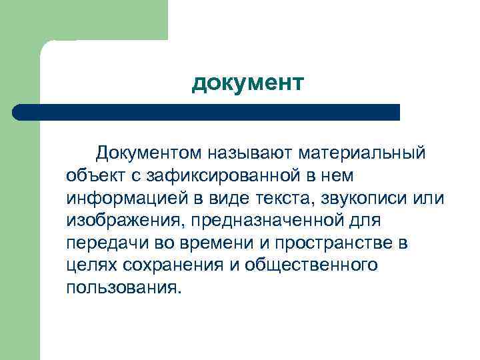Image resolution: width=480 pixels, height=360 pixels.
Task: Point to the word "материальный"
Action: [363, 154]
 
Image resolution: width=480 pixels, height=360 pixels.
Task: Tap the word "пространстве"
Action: [333, 243]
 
